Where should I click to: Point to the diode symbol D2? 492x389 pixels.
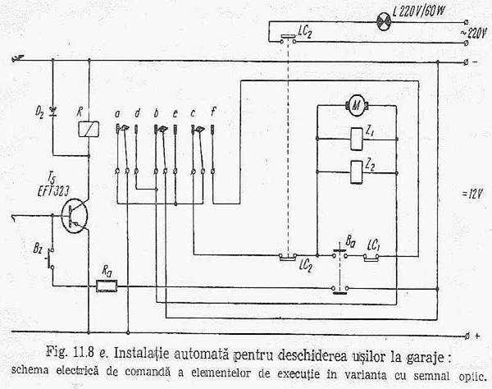pyautogui.click(x=55, y=108)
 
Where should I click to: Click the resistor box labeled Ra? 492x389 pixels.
pyautogui.click(x=107, y=286)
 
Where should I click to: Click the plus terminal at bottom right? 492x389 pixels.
pyautogui.click(x=476, y=336)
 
